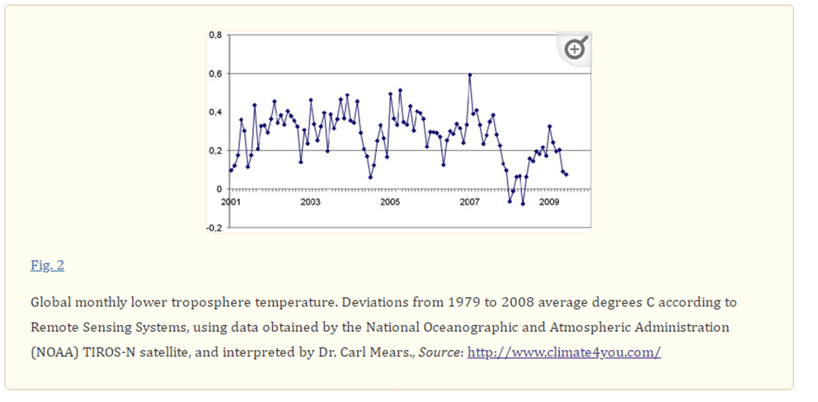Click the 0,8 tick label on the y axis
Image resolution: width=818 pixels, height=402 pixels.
(215, 35)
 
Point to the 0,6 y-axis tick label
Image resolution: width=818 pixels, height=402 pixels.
(215, 73)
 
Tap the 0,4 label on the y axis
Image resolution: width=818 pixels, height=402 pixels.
(215, 112)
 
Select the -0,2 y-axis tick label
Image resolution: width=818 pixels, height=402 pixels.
(214, 228)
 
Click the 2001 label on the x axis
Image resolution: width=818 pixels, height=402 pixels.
(230, 201)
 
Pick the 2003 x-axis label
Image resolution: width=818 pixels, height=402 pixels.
(310, 201)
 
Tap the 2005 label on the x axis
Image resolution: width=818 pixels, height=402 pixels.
(389, 201)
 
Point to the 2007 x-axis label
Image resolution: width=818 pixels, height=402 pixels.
(469, 201)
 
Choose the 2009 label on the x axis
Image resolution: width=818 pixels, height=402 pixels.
(549, 201)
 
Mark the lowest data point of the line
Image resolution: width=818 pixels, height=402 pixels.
(523, 203)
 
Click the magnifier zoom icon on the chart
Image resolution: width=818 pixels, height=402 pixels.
(575, 50)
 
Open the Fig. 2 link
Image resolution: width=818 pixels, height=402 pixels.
(47, 265)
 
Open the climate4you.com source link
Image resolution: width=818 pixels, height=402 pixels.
(564, 352)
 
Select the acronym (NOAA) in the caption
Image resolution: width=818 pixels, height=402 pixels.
(54, 352)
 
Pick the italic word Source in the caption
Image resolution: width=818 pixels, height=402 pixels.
(440, 352)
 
